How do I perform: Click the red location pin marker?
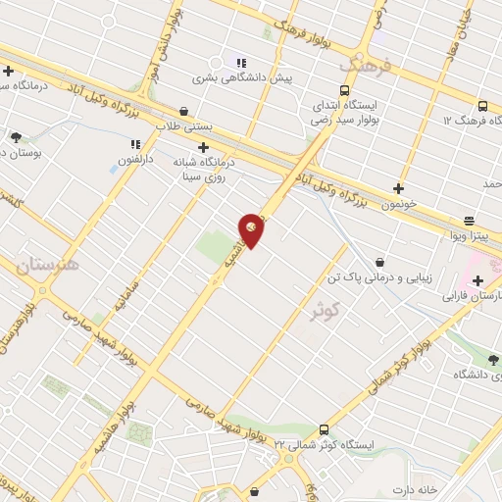coord(252,229)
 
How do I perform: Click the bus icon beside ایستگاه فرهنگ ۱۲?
coord(481,106)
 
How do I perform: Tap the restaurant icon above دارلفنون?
coord(136,144)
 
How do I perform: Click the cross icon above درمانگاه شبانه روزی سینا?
coord(203,148)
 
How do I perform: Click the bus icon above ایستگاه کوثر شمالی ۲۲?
coord(325,429)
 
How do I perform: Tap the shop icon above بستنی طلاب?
coord(184,111)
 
